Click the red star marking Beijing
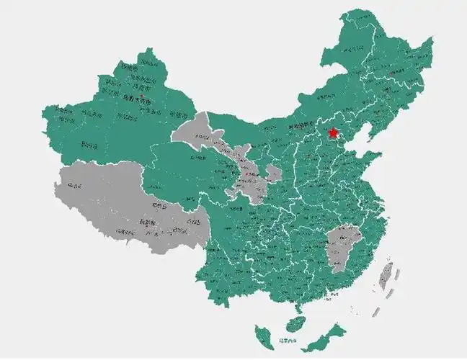(332, 133)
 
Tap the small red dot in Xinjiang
(143, 95)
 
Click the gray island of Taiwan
(387, 278)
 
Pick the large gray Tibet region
(130, 205)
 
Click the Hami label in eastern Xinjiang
(176, 113)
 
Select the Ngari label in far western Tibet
(73, 186)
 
